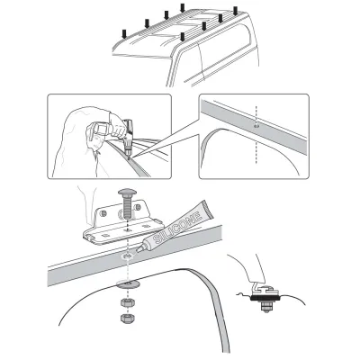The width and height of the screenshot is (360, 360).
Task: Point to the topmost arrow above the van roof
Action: coord(183,9)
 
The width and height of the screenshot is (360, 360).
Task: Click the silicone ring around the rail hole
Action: coord(126,257)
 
